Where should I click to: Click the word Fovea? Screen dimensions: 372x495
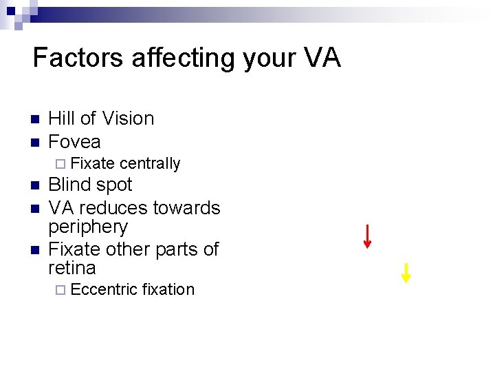tap(74, 142)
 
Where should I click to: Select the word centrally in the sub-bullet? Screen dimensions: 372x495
tap(149, 163)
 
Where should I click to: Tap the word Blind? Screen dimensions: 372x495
tap(70, 185)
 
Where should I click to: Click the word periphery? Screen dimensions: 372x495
tap(88, 228)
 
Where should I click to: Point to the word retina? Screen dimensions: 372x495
tap(72, 267)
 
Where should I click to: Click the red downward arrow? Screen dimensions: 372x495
tap(368, 236)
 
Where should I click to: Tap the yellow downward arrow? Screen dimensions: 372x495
tap(406, 273)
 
